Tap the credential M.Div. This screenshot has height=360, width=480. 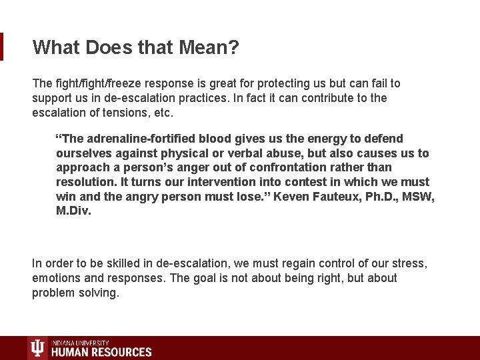click(73, 211)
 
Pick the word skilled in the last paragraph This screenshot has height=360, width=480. click(116, 263)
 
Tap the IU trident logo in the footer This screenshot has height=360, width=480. click(38, 348)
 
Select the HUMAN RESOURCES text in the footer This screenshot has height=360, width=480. click(101, 352)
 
